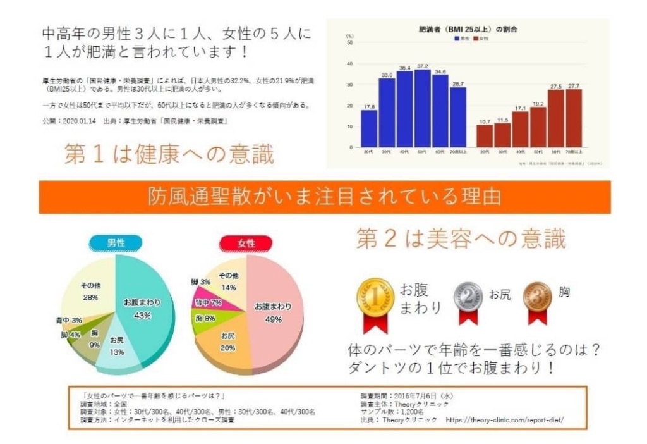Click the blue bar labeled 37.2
[x=422, y=109]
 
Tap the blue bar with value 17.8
[x=369, y=129]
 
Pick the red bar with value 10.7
[x=485, y=136]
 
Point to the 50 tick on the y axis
[x=350, y=43]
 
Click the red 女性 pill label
[x=245, y=243]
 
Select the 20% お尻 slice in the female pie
[x=229, y=345]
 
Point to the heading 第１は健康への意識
[x=169, y=154]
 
